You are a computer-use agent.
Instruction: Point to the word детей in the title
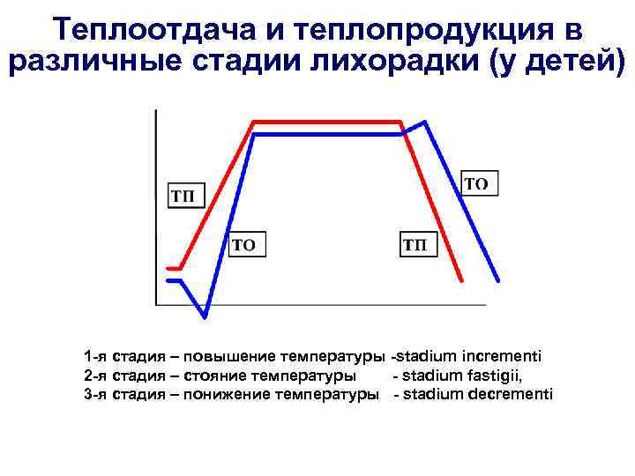[561, 64]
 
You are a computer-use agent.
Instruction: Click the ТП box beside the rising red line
[184, 195]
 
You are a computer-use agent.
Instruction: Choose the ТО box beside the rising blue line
[247, 244]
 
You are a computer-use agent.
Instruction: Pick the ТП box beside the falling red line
[419, 244]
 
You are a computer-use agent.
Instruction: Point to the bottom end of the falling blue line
[498, 280]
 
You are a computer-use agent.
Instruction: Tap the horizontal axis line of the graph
[317, 305]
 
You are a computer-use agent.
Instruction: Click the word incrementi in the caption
[504, 356]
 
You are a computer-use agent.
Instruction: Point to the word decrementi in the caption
[511, 393]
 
